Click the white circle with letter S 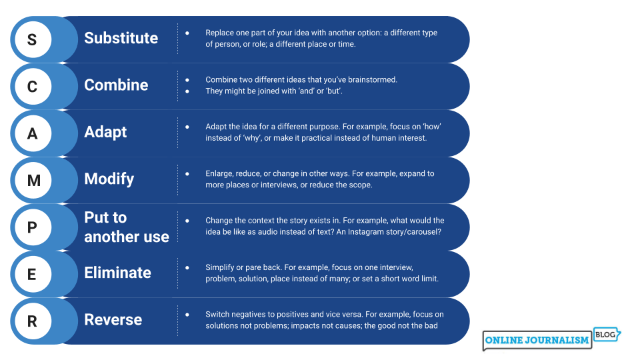[x=33, y=39]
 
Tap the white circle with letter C [x=33, y=87]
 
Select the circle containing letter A [x=33, y=133]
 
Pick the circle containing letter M [x=33, y=181]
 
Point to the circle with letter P [x=33, y=227]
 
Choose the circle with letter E [x=33, y=274]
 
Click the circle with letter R [x=33, y=321]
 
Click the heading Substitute [x=121, y=38]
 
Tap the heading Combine [x=116, y=85]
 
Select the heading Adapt [x=106, y=132]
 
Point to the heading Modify [x=109, y=179]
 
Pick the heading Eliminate [x=117, y=273]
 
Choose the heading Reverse [x=113, y=319]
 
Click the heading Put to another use [x=127, y=227]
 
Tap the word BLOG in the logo [x=605, y=335]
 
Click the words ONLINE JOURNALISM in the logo [x=537, y=340]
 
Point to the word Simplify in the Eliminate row [x=219, y=268]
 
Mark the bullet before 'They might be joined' [x=187, y=91]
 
